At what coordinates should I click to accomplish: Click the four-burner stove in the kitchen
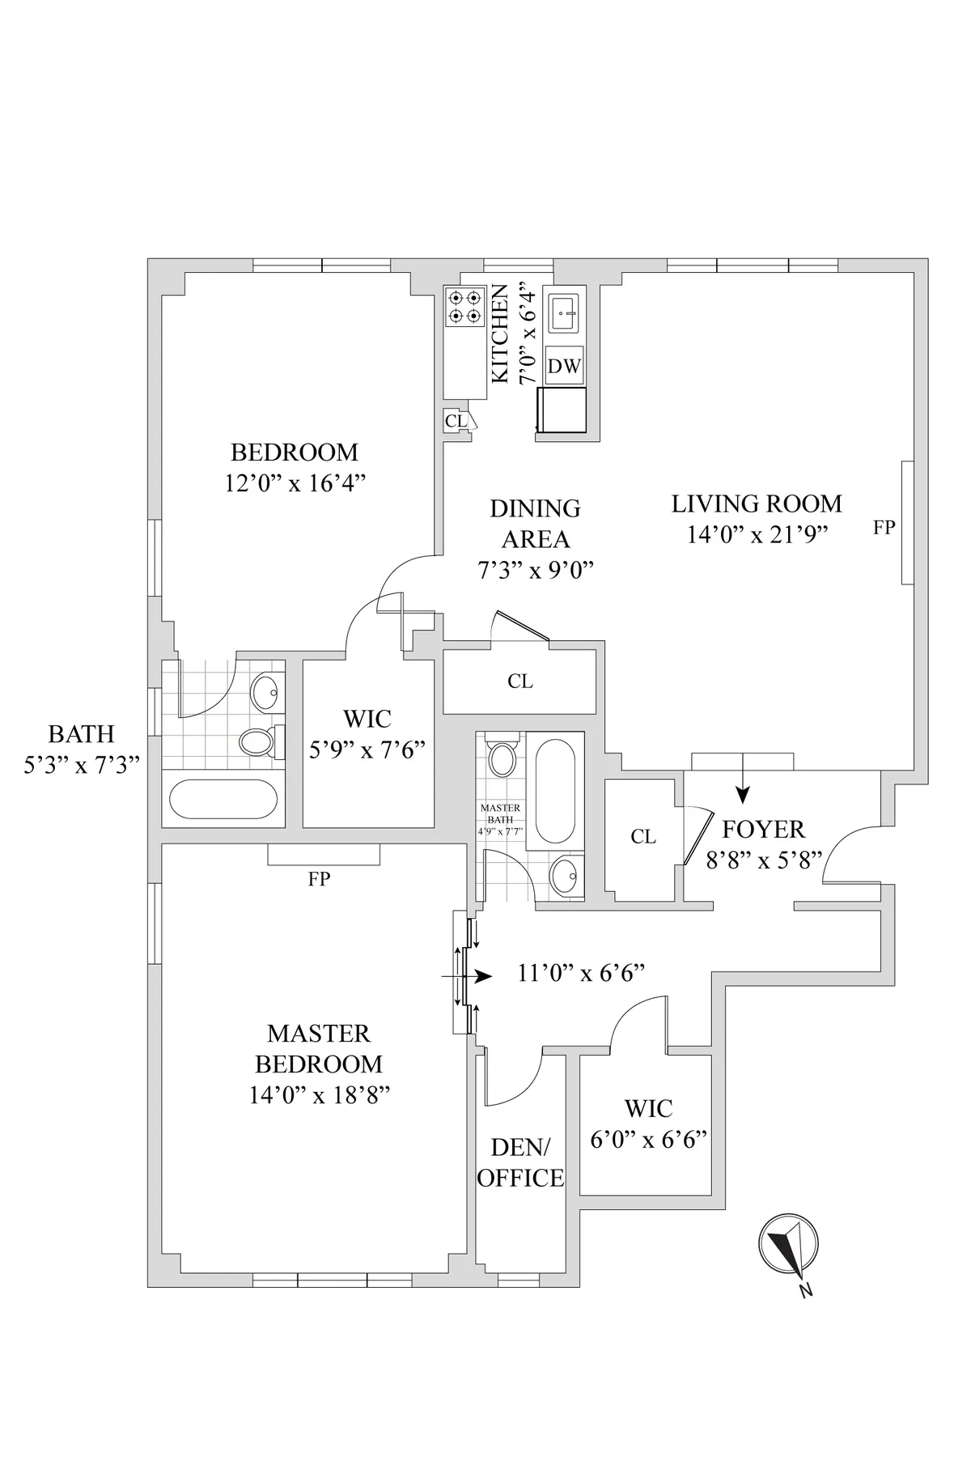tap(464, 307)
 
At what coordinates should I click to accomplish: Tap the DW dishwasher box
tap(565, 366)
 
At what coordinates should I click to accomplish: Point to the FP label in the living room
tap(884, 528)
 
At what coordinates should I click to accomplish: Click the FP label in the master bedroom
tap(319, 879)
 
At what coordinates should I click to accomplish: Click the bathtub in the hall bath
tap(223, 799)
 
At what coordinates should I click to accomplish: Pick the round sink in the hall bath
tap(267, 693)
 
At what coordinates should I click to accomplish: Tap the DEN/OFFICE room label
tap(520, 1162)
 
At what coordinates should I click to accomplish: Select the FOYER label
tap(763, 830)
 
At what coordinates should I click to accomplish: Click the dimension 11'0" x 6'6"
tap(581, 973)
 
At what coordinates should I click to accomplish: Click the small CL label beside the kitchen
tap(456, 421)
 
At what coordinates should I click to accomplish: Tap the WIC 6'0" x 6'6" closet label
tap(648, 1124)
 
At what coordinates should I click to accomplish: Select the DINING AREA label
tap(535, 524)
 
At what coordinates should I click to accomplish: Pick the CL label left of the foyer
tap(643, 837)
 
